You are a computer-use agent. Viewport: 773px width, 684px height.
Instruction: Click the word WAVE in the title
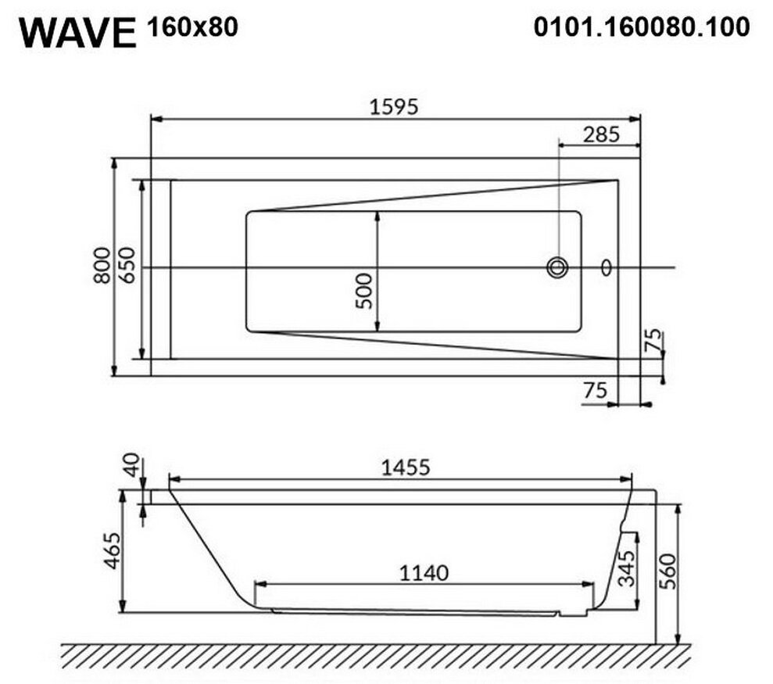pyautogui.click(x=77, y=33)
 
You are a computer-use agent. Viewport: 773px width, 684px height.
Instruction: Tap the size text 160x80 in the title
pyautogui.click(x=192, y=27)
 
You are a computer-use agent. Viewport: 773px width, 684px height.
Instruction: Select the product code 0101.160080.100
pyautogui.click(x=642, y=27)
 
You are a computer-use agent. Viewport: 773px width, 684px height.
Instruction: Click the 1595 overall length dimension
pyautogui.click(x=394, y=106)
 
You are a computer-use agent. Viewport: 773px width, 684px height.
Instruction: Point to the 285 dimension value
pyautogui.click(x=601, y=134)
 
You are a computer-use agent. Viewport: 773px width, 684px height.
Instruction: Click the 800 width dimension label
pyautogui.click(x=102, y=265)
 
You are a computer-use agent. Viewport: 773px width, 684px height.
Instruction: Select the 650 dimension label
pyautogui.click(x=126, y=265)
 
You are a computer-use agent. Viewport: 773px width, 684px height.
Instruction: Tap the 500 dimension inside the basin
pyautogui.click(x=363, y=291)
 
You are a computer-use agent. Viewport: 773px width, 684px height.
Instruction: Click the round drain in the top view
pyautogui.click(x=557, y=268)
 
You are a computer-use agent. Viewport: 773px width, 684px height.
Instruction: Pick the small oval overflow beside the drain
pyautogui.click(x=607, y=268)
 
